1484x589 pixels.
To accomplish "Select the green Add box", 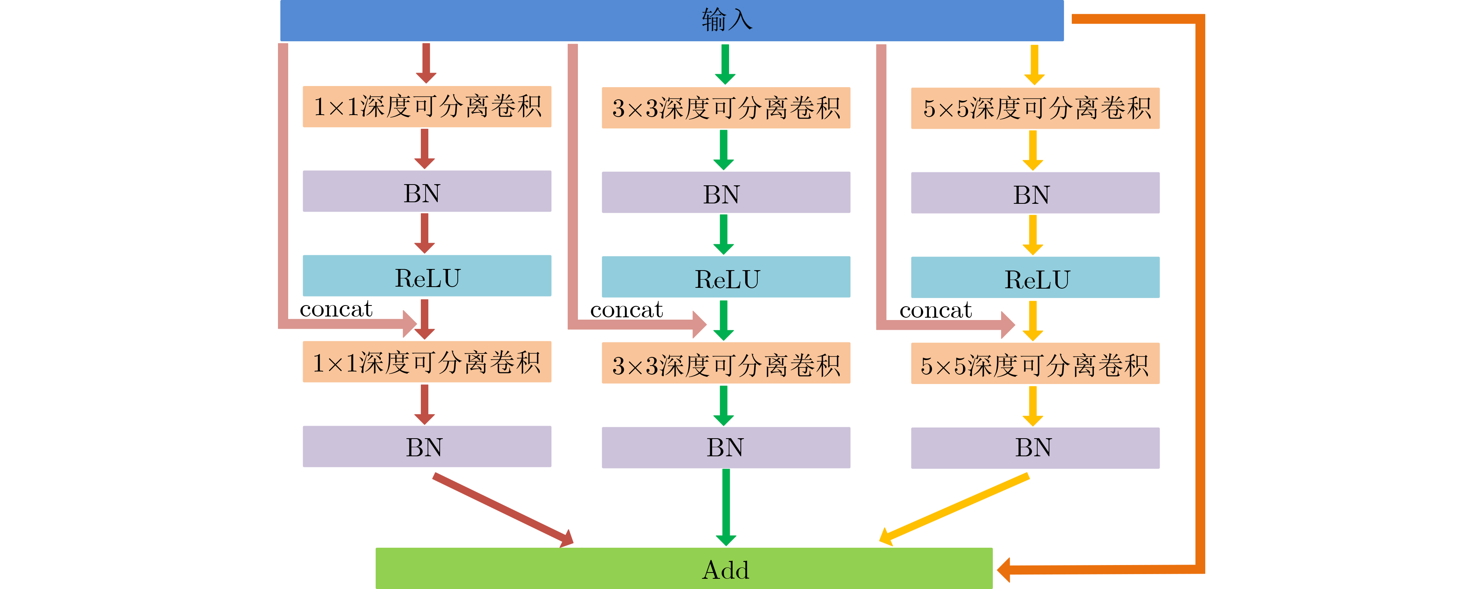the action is click(684, 568).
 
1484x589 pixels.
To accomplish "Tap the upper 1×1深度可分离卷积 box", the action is click(427, 107).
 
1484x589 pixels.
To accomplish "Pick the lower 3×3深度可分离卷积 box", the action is click(726, 363).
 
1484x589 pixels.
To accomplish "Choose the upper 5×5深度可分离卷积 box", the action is click(1035, 108).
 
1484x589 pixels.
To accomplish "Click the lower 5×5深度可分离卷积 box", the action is click(1035, 364).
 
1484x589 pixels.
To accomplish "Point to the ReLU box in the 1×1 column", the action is click(427, 276).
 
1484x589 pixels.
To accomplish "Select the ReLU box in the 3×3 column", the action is click(726, 277).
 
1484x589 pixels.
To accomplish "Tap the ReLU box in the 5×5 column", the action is click(1035, 277).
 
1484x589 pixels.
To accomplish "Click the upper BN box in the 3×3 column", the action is click(726, 192).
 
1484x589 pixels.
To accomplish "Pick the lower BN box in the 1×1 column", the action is click(427, 446).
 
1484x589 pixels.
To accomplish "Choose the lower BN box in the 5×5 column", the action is click(1035, 448).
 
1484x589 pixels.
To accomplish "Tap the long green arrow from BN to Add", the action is click(726, 507).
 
